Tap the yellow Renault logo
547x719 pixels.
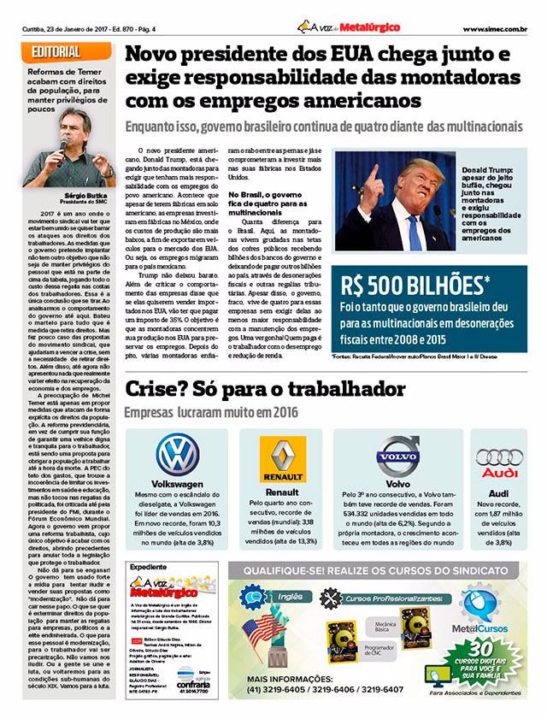284,463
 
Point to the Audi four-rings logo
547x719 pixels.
499,457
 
